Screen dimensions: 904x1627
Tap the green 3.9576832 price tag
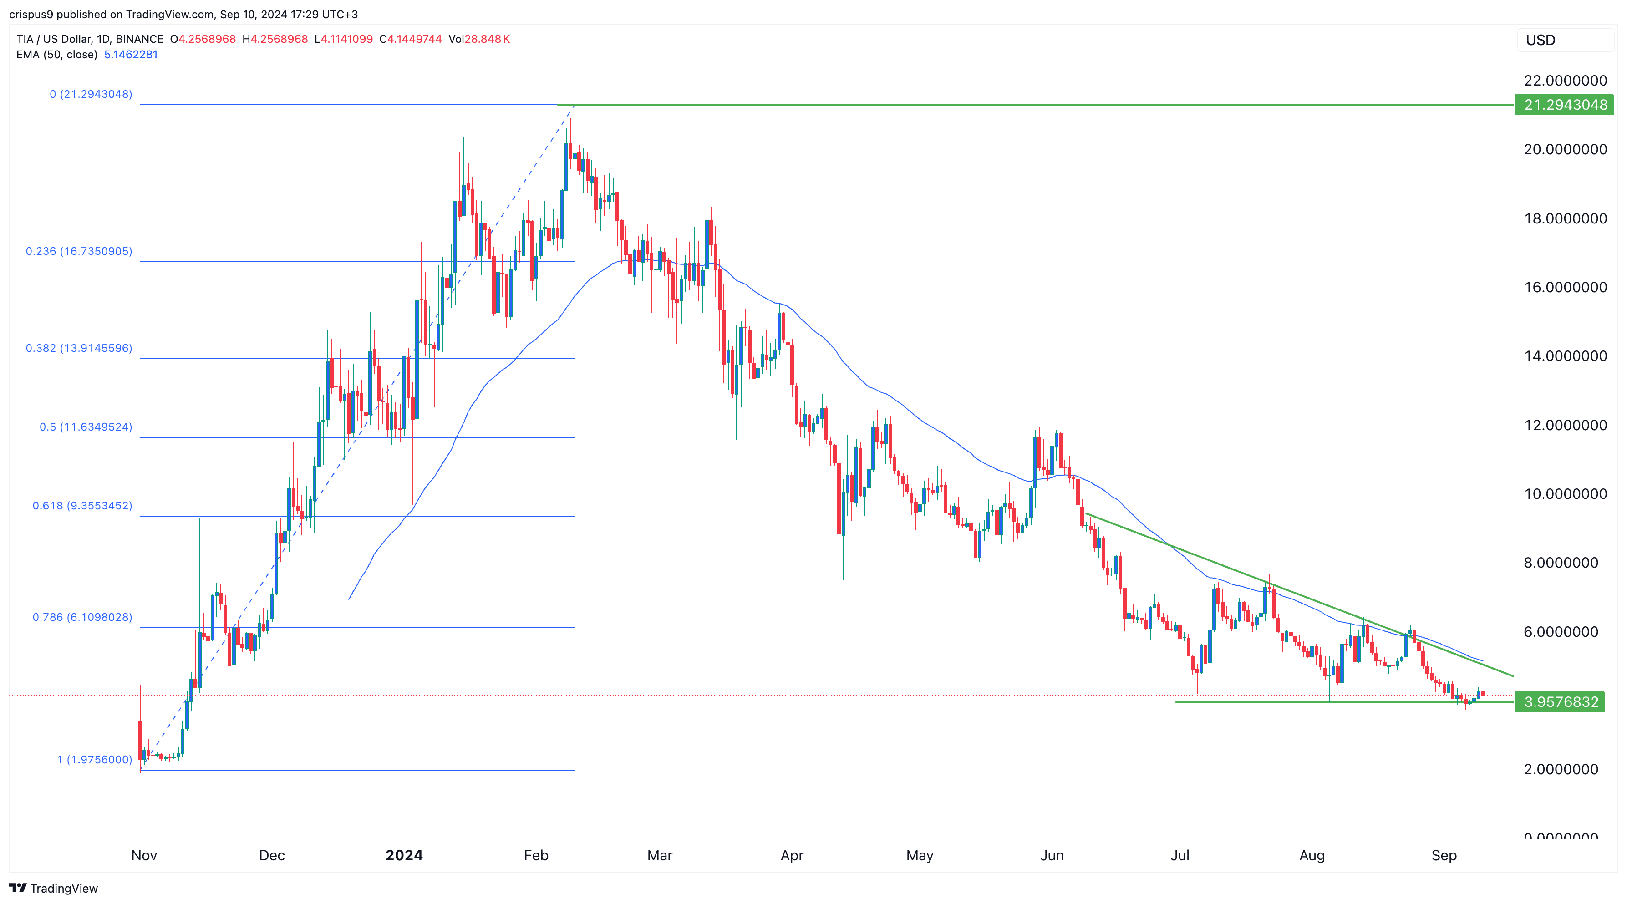pos(1560,702)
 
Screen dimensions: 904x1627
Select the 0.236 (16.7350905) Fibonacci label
pos(79,251)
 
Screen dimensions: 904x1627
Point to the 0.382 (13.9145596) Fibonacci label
pos(79,348)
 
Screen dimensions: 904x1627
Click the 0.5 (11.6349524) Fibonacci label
pos(86,427)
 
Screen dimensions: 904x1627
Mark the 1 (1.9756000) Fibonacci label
pos(95,759)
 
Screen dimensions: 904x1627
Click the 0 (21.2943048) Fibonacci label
pos(91,94)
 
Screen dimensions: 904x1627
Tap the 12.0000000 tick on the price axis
pos(1565,425)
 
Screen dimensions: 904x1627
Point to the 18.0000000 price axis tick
pos(1565,218)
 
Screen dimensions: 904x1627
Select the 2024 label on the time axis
pos(404,855)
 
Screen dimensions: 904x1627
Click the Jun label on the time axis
pos(1052,855)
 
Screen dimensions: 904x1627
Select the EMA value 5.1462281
pos(131,54)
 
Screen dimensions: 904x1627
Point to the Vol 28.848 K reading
pos(479,39)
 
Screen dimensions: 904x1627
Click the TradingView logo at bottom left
pos(54,888)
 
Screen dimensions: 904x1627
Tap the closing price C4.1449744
pos(411,39)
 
